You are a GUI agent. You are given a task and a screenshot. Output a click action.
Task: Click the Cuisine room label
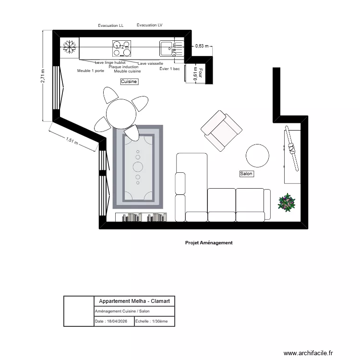pos(129,82)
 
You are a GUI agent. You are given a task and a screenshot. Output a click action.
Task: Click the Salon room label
pos(246,174)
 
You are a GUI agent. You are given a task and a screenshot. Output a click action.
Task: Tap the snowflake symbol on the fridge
pos(70,47)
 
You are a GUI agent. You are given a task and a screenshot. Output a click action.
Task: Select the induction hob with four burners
pos(122,47)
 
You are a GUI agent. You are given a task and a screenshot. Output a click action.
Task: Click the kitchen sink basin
pos(167,47)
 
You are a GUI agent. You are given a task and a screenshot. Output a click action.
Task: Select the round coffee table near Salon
pos(258,156)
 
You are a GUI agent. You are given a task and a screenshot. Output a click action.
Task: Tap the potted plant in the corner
pos(287,203)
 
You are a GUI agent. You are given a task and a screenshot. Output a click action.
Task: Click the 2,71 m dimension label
pos(43,76)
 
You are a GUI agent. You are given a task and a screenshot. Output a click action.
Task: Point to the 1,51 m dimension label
pos(72,141)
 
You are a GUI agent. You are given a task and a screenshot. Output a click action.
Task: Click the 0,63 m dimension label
pos(202,46)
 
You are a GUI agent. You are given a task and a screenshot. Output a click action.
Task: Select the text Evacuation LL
pos(110,25)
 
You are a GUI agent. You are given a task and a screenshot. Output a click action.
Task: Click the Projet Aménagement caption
pos(209,243)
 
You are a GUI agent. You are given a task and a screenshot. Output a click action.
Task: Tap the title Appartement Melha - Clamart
pos(134,301)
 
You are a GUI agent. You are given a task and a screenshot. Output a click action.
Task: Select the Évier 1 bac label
pos(169,69)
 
